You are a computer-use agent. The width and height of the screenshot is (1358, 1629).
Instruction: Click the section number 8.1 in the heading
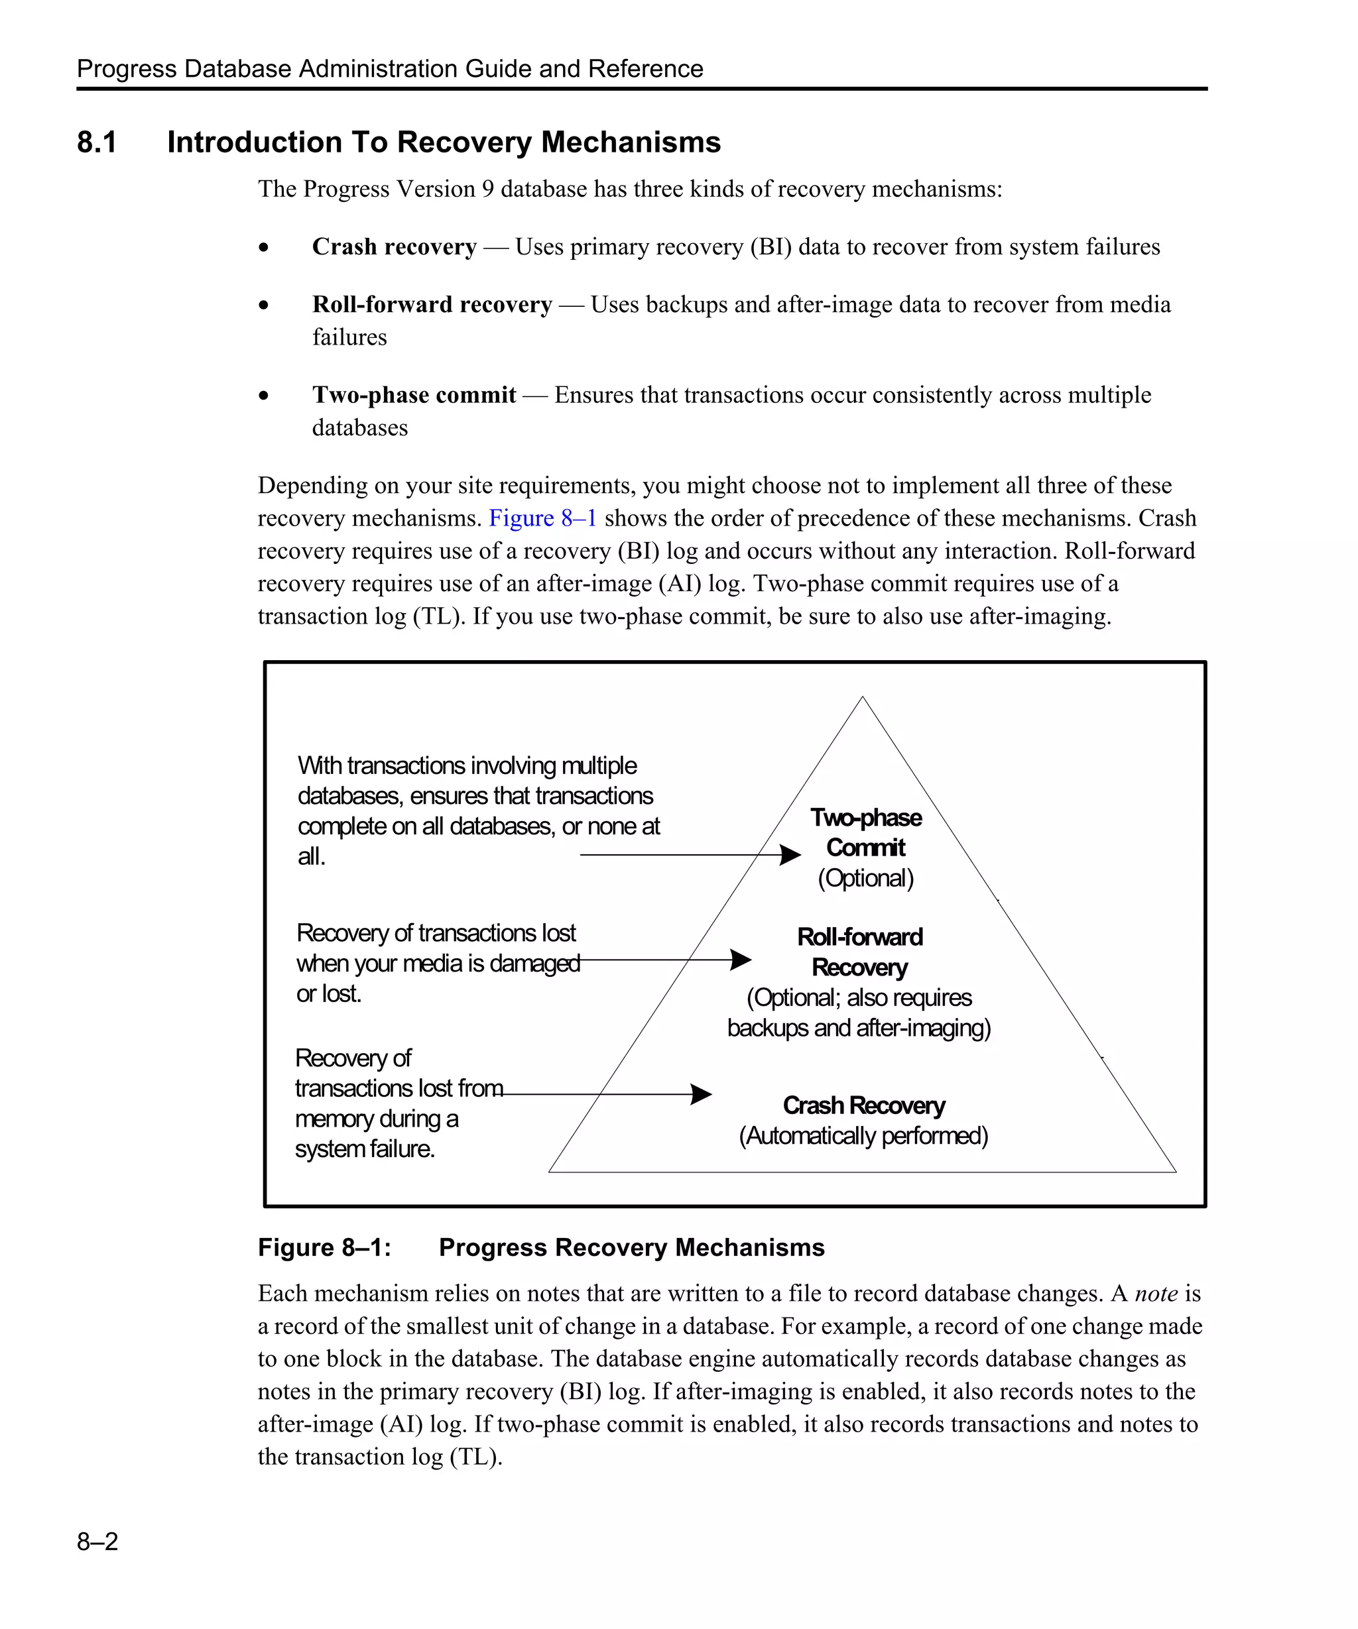click(96, 142)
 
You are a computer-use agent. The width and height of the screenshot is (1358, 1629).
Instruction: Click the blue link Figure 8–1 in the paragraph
click(542, 518)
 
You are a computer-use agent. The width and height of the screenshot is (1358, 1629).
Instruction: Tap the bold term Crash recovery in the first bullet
click(395, 247)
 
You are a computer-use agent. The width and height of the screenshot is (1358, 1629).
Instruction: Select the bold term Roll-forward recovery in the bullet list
click(432, 305)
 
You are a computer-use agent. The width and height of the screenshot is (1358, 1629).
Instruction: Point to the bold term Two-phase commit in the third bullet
click(414, 395)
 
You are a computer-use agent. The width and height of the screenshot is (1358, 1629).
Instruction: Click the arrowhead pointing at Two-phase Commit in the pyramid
click(791, 855)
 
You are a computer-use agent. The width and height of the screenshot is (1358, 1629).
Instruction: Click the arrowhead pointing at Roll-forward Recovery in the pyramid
click(742, 960)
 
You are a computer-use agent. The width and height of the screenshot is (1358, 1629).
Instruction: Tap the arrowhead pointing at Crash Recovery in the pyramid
click(702, 1095)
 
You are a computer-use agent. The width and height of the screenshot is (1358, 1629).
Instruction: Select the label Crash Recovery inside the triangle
click(864, 1105)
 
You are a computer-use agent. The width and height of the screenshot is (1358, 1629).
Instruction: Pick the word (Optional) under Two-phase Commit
click(865, 878)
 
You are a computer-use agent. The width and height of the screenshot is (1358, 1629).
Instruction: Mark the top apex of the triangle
click(862, 697)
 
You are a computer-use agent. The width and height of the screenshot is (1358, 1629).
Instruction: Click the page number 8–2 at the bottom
click(97, 1542)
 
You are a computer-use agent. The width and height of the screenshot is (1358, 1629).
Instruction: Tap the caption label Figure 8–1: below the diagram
click(324, 1247)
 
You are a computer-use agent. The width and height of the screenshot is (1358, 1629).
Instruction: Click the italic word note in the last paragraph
click(1156, 1294)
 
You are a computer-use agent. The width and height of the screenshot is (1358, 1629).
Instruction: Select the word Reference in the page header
click(646, 69)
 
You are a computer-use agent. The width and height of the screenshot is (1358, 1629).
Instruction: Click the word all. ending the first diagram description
click(311, 856)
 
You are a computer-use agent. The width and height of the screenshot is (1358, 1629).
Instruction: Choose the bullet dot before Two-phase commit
click(264, 396)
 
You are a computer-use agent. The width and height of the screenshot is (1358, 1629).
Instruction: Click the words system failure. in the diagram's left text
click(365, 1149)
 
